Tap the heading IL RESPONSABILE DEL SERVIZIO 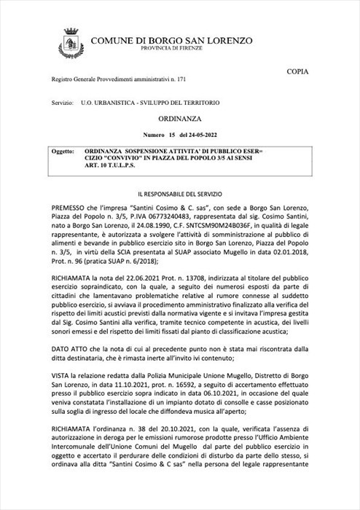[x=180, y=195]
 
